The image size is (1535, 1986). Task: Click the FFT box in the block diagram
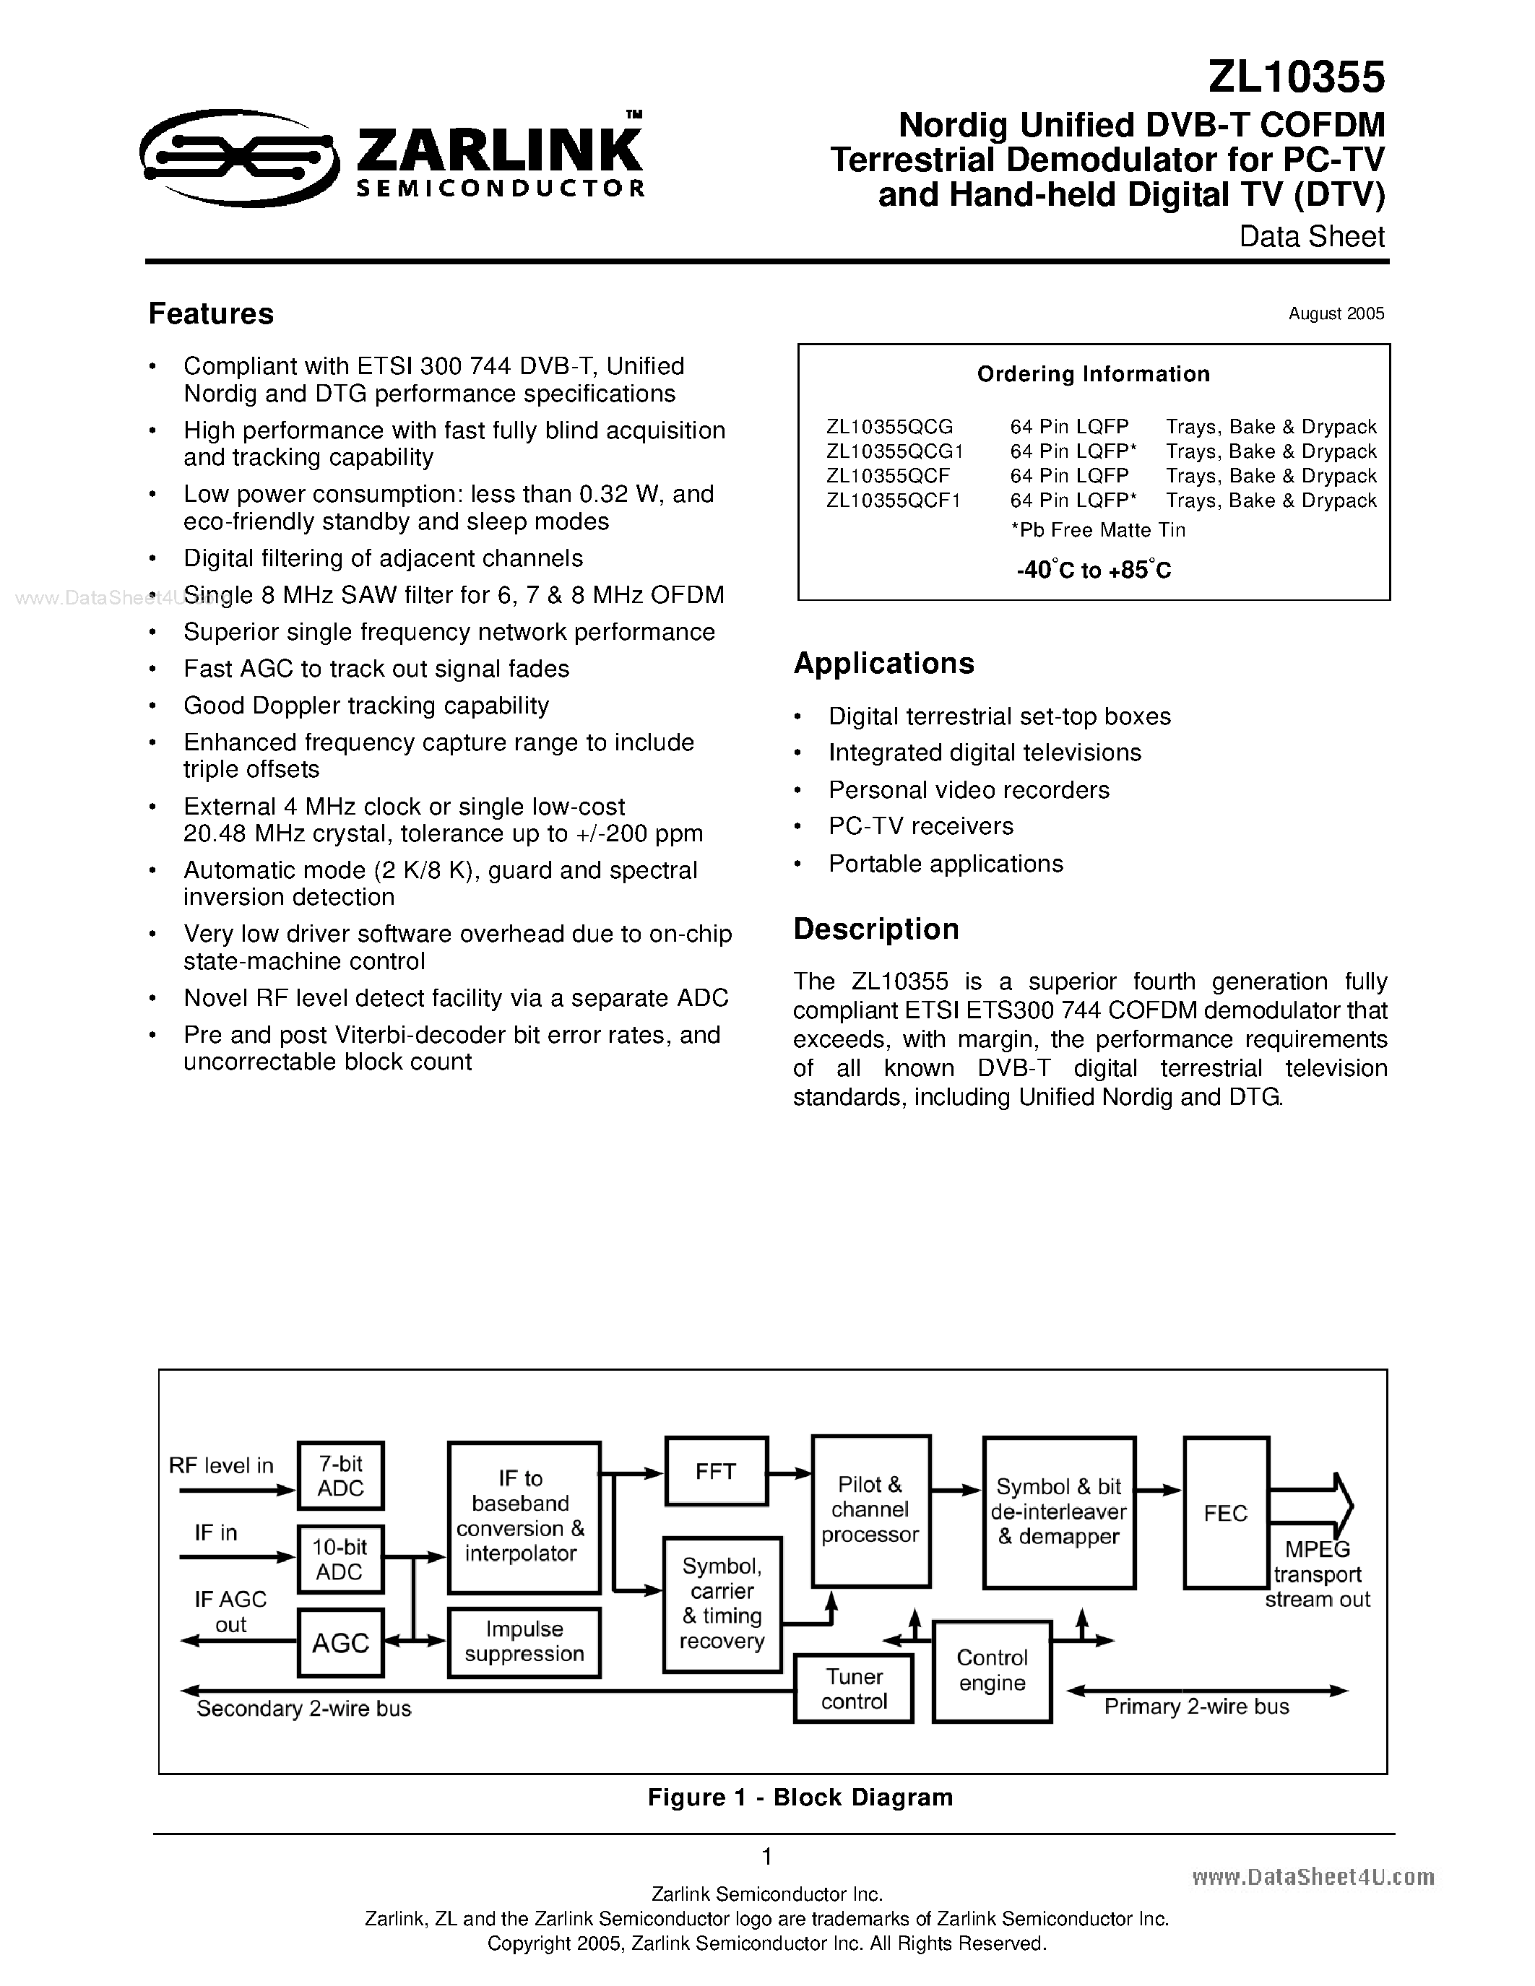pyautogui.click(x=716, y=1471)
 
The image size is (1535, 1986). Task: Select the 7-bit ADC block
pyautogui.click(x=340, y=1475)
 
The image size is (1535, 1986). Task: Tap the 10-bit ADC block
pyautogui.click(x=340, y=1559)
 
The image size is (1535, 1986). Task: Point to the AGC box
pyautogui.click(x=340, y=1642)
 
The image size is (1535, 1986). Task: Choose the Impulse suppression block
pyautogui.click(x=524, y=1642)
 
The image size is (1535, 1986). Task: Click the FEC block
pyautogui.click(x=1226, y=1513)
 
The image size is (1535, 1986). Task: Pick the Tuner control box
pyautogui.click(x=853, y=1688)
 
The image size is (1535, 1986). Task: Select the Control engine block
pyautogui.click(x=992, y=1670)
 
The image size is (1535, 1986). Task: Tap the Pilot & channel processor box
pyautogui.click(x=870, y=1509)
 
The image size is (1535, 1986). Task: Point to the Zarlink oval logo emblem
pyautogui.click(x=239, y=158)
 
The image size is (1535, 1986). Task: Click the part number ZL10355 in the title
pyautogui.click(x=1296, y=77)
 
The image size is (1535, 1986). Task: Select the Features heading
pyautogui.click(x=211, y=313)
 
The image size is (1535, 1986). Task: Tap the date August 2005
pyautogui.click(x=1336, y=313)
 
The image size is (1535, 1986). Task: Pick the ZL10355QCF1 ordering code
pyautogui.click(x=893, y=500)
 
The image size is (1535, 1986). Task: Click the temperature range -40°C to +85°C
pyautogui.click(x=1093, y=570)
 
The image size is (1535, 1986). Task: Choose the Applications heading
pyautogui.click(x=884, y=664)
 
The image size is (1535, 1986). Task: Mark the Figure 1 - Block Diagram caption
pyautogui.click(x=800, y=1798)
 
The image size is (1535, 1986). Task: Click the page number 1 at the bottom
pyautogui.click(x=766, y=1856)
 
